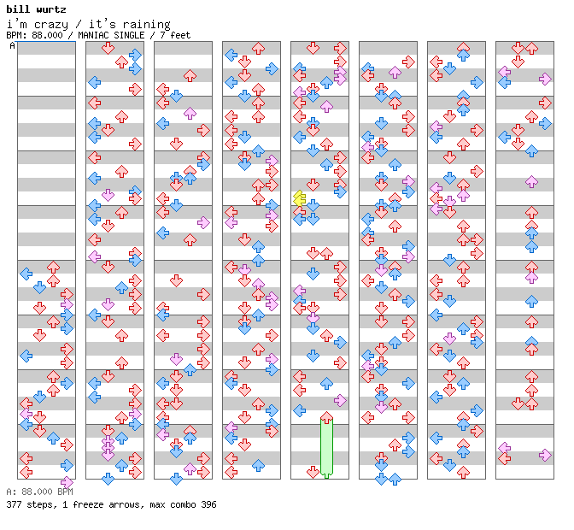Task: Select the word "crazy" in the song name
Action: tap(51, 25)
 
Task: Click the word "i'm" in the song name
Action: tap(17, 25)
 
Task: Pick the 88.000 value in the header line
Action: tap(47, 35)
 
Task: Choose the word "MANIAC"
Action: tap(93, 35)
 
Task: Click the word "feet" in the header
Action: tap(180, 35)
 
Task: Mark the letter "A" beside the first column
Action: tap(13, 45)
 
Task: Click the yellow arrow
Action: tap(300, 198)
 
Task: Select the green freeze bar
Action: tap(326, 448)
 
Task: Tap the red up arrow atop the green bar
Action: tap(326, 417)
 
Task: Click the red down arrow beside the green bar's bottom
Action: tap(313, 472)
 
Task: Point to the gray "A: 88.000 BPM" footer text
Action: tap(39, 492)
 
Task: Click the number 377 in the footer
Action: tap(14, 504)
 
